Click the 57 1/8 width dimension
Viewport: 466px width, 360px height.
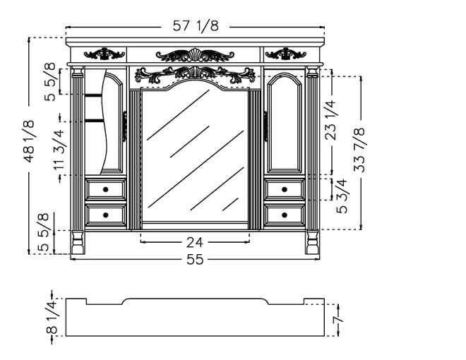pos(196,26)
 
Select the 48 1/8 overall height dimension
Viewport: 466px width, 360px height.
pos(30,141)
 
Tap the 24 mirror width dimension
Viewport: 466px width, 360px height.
pos(195,242)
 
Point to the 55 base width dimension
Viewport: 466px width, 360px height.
pos(195,259)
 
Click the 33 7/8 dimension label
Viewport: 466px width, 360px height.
pos(359,150)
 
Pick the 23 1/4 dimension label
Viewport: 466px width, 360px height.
pos(330,120)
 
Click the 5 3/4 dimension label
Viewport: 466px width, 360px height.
pos(342,196)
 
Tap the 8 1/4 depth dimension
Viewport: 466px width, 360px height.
pos(52,317)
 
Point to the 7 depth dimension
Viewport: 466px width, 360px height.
pos(338,320)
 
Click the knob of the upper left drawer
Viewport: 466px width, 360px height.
pos(105,189)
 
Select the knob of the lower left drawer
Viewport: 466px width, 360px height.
pos(105,215)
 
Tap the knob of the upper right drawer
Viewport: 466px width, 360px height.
pos(285,189)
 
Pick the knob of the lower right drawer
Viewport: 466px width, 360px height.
pos(285,215)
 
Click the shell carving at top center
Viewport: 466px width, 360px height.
pos(195,55)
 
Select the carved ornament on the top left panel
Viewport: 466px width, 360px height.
pos(104,54)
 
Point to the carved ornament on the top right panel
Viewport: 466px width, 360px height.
pos(286,54)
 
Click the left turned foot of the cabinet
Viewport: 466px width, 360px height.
pos(78,242)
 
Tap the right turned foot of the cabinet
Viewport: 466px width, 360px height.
pos(312,242)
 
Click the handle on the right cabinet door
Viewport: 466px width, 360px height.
pos(265,126)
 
